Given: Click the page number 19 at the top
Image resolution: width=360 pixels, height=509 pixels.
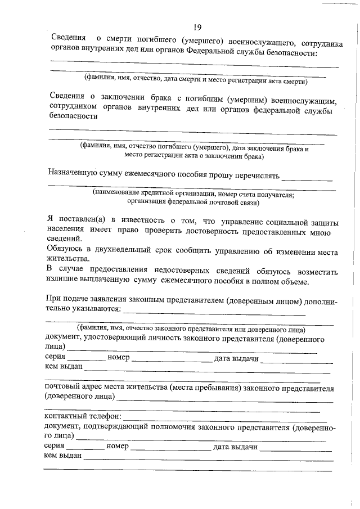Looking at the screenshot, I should [x=197, y=27].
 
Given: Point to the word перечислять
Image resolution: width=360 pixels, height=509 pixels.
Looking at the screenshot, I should [x=254, y=175].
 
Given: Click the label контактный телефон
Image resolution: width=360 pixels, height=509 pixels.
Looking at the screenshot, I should [x=82, y=417].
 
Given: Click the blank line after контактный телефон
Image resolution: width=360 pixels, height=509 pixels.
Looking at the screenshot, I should [x=225, y=420].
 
